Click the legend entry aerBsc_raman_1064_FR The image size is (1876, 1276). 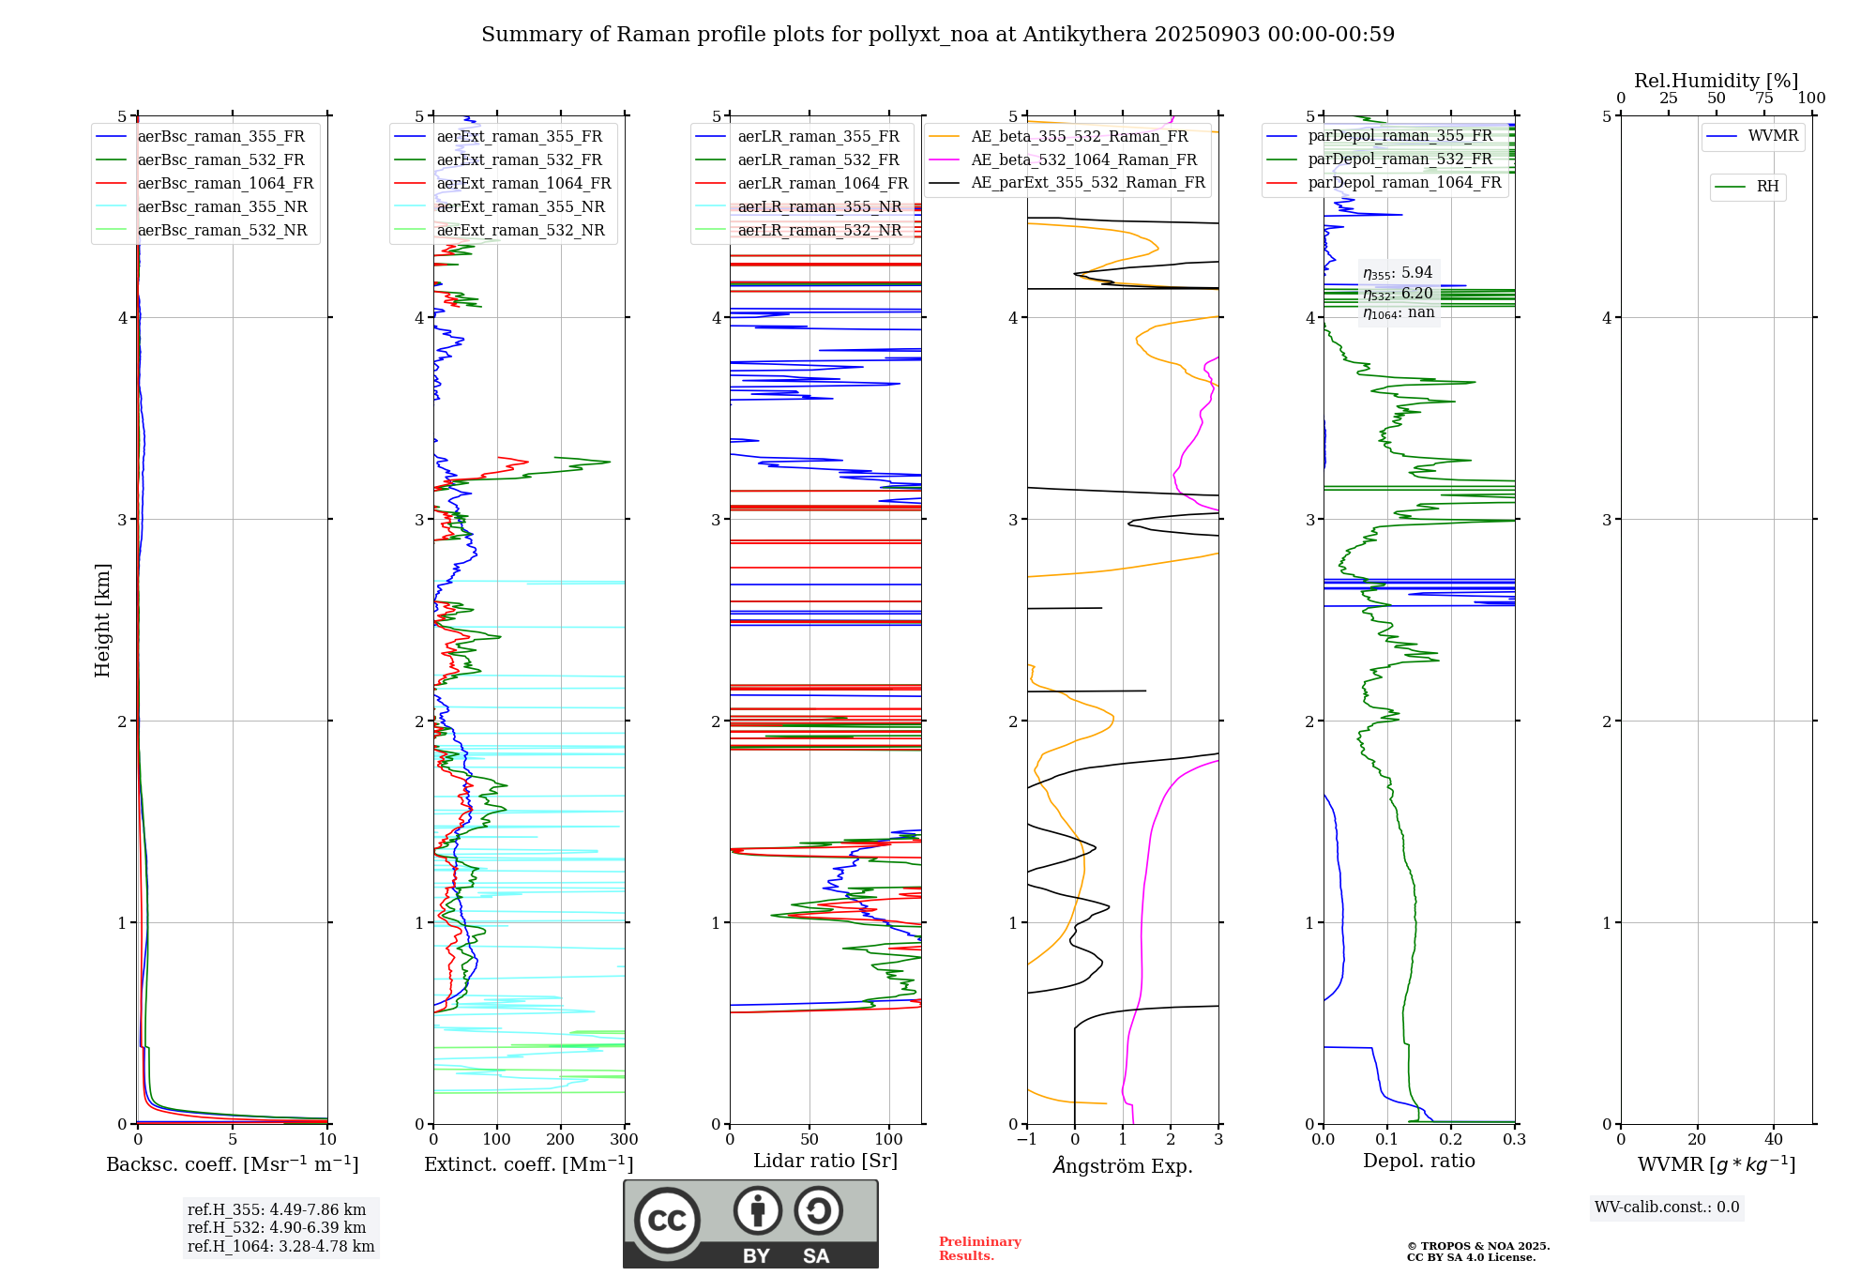pyautogui.click(x=225, y=184)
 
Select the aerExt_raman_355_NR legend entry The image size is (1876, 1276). pyautogui.click(x=521, y=207)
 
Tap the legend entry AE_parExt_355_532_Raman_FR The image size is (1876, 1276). pyautogui.click(x=1088, y=183)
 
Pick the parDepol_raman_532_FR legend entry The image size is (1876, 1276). pyautogui.click(x=1399, y=159)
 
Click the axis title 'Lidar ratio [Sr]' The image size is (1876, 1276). pyautogui.click(x=825, y=1161)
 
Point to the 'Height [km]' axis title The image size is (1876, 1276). pyautogui.click(x=102, y=619)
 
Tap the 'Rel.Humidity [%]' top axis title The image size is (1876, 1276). pyautogui.click(x=1716, y=81)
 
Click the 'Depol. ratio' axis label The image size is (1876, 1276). pyautogui.click(x=1418, y=1161)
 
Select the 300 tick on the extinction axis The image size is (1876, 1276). pyautogui.click(x=624, y=1140)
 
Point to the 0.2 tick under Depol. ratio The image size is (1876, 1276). pyautogui.click(x=1451, y=1140)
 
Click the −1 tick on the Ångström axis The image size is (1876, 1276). pyautogui.click(x=1026, y=1140)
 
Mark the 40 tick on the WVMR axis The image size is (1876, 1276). pyautogui.click(x=1773, y=1140)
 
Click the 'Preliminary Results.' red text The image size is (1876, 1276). pyautogui.click(x=979, y=1248)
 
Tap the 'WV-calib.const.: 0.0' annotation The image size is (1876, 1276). pyautogui.click(x=1666, y=1208)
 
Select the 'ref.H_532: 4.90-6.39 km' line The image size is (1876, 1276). pyautogui.click(x=276, y=1227)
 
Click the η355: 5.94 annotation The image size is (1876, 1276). pyautogui.click(x=1397, y=273)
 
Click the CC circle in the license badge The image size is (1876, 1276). pyautogui.click(x=667, y=1221)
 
